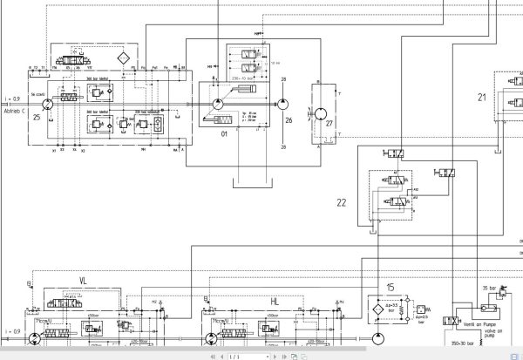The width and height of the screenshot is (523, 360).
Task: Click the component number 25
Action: [x=37, y=116]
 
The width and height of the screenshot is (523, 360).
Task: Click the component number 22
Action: [x=342, y=202]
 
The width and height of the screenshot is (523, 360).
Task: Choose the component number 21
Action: [x=482, y=98]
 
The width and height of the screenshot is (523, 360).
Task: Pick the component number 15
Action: [x=391, y=287]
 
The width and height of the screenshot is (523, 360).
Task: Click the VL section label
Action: [x=84, y=280]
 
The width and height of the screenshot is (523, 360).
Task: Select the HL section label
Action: [x=275, y=300]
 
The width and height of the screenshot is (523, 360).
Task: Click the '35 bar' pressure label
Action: [x=488, y=286]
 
